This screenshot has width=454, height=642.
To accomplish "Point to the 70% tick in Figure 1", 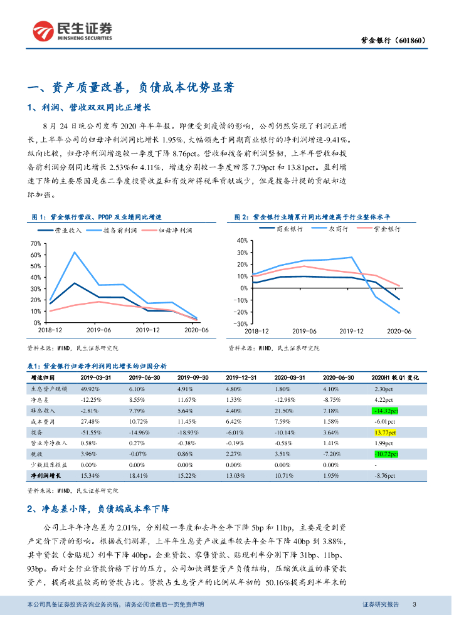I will pos(35,243).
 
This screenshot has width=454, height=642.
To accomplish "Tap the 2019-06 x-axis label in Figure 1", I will pos(98,329).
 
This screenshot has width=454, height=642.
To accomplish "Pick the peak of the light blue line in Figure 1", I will pos(75,252).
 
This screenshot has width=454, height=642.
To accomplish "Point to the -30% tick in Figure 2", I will pos(240,324).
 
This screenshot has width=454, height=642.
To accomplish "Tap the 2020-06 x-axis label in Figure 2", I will pos(399,330).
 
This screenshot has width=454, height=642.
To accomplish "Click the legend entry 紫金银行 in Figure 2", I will pos(387,229).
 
